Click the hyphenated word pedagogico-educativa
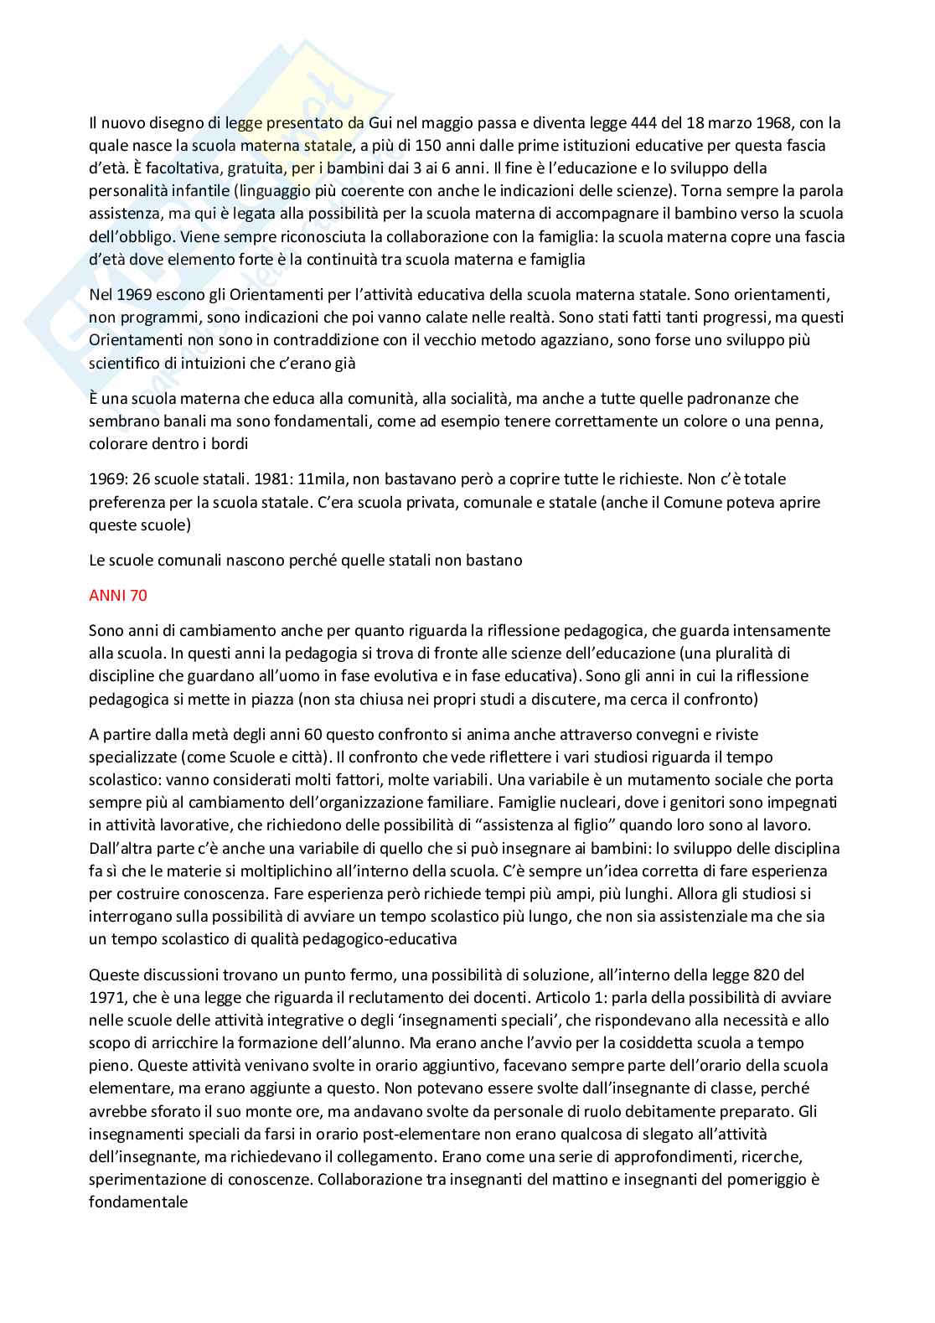click(385, 939)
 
